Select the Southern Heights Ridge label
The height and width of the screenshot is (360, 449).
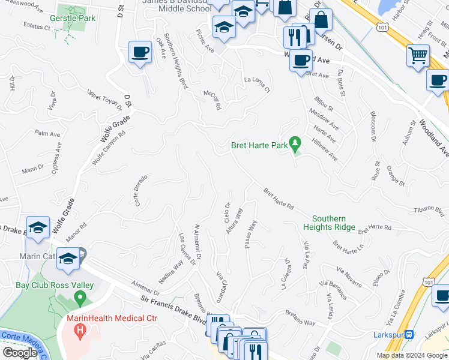pos(337,223)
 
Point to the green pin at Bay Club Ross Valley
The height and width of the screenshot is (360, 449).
pos(79,297)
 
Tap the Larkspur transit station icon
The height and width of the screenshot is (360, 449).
pos(409,334)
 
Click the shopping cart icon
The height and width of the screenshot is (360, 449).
pos(418,55)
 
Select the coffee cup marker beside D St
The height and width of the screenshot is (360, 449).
pos(140,52)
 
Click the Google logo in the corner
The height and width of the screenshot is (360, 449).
pos(20,353)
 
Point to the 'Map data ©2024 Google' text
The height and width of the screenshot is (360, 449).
pos(412,355)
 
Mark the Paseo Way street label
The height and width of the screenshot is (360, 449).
pos(250,233)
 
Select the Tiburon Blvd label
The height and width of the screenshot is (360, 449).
pos(431,211)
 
